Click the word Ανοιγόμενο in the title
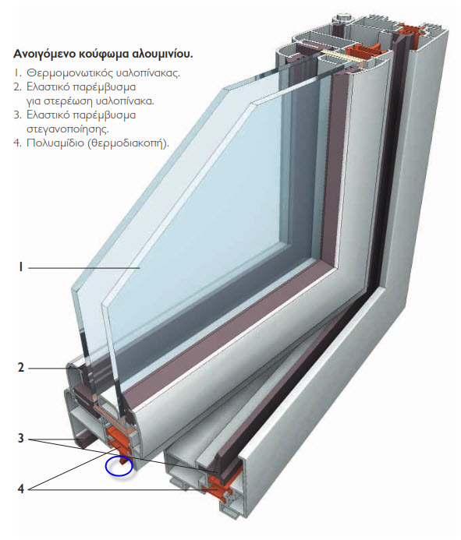(x=38, y=54)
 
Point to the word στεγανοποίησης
(x=68, y=129)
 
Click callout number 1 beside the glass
(x=20, y=267)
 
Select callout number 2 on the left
(x=21, y=368)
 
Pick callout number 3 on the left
(x=21, y=439)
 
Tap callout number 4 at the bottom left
(x=21, y=489)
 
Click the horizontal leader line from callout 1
(x=84, y=267)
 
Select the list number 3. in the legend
(x=18, y=115)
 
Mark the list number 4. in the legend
(x=18, y=143)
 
